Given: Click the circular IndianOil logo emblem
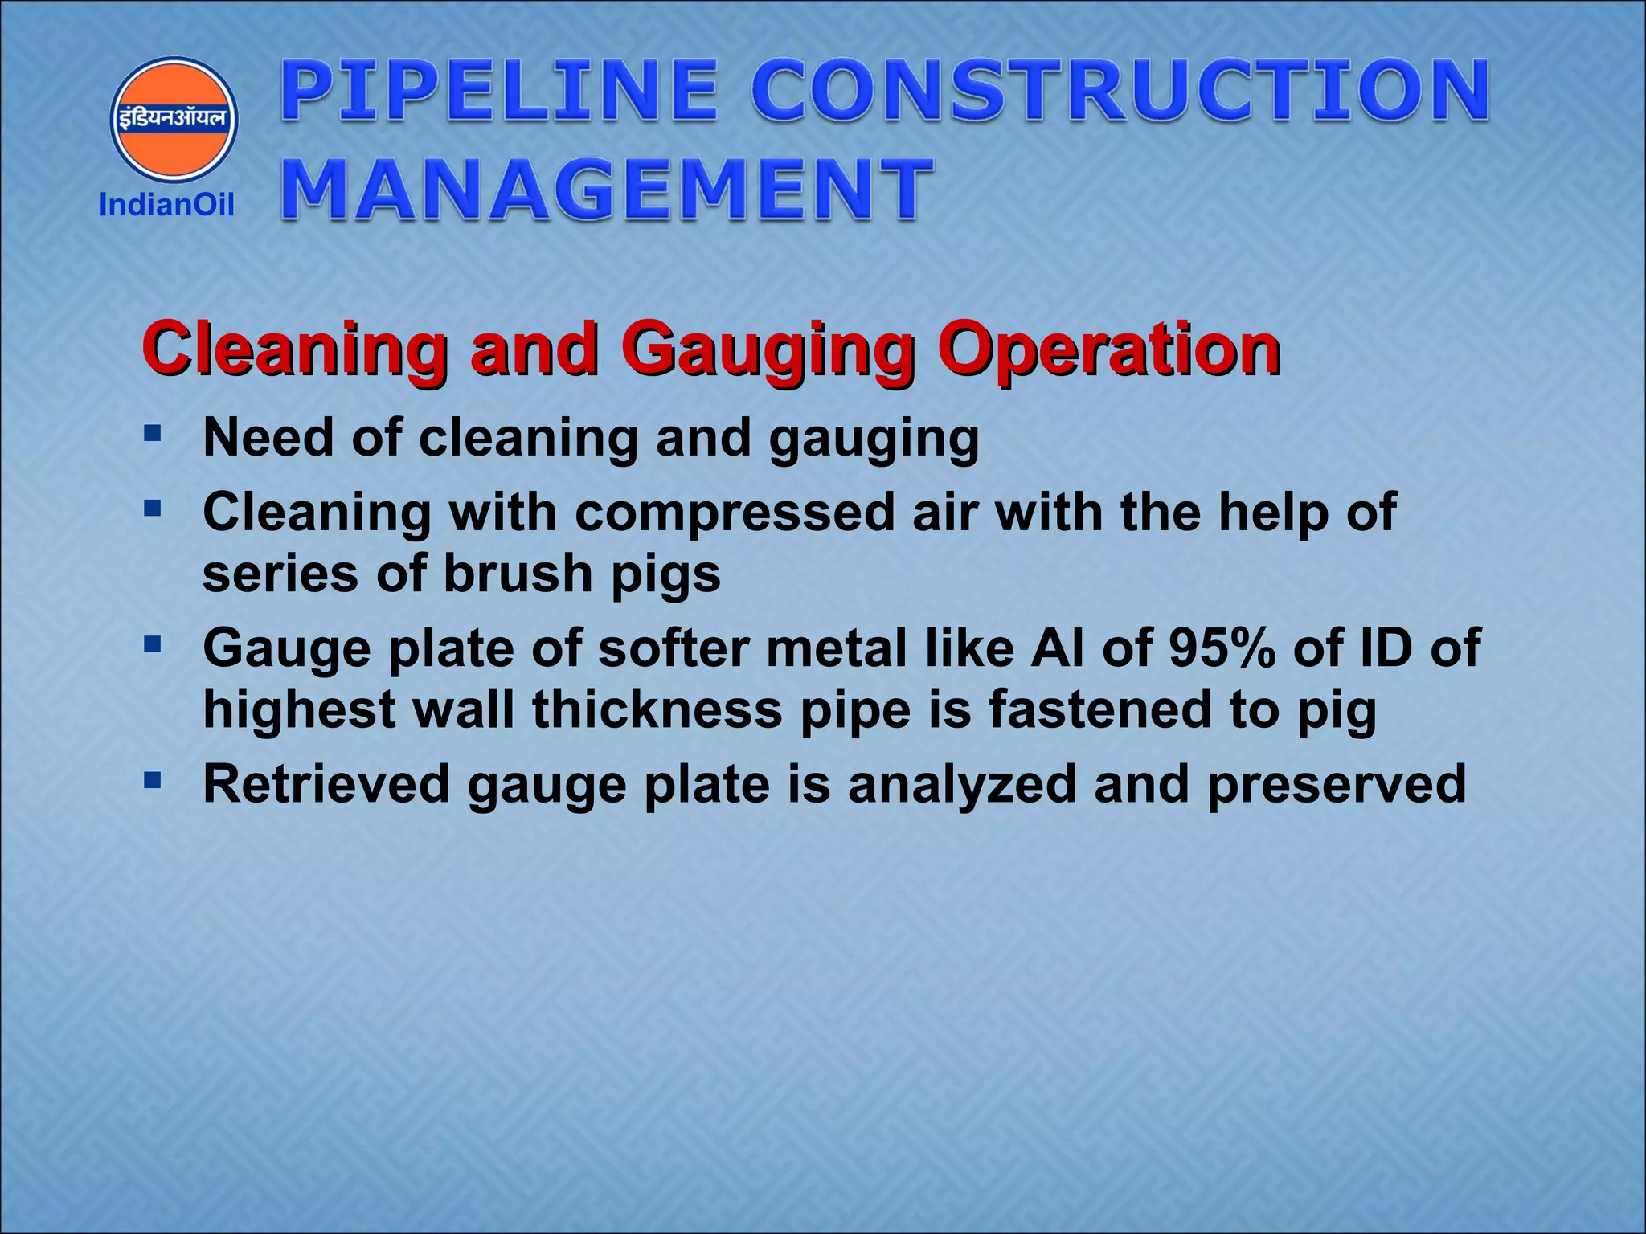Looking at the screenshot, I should coord(174,119).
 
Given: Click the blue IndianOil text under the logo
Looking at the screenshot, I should coord(166,206).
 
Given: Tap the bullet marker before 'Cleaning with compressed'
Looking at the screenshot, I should coord(153,509).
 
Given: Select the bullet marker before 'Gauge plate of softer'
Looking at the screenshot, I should coord(153,644).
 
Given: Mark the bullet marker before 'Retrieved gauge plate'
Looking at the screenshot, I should coord(153,780).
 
